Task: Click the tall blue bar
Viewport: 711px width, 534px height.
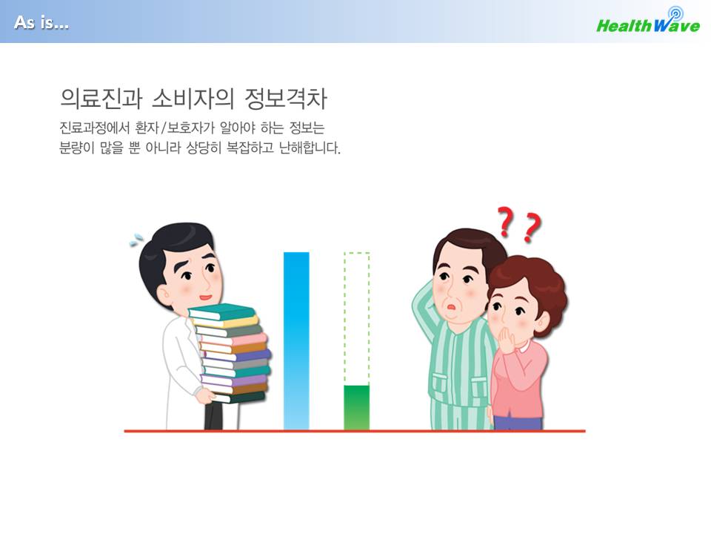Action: point(296,340)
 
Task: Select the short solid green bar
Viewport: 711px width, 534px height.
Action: point(356,407)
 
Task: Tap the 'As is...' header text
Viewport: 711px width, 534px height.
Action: point(41,22)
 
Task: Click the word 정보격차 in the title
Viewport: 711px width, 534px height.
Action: point(286,99)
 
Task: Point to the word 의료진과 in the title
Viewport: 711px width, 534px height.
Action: point(101,99)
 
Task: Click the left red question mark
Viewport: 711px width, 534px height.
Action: point(506,222)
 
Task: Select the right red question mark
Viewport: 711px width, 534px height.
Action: point(532,228)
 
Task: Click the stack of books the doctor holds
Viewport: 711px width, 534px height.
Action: point(230,354)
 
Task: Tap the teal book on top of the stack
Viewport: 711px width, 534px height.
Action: point(222,312)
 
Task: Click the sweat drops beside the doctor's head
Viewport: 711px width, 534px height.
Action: point(136,240)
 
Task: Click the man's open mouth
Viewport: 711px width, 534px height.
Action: point(451,307)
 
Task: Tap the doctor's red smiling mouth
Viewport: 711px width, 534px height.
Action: point(205,297)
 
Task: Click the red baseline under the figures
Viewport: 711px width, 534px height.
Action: point(355,431)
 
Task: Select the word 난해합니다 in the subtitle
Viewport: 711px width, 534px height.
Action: point(310,148)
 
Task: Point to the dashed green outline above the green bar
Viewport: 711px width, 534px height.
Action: point(344,318)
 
